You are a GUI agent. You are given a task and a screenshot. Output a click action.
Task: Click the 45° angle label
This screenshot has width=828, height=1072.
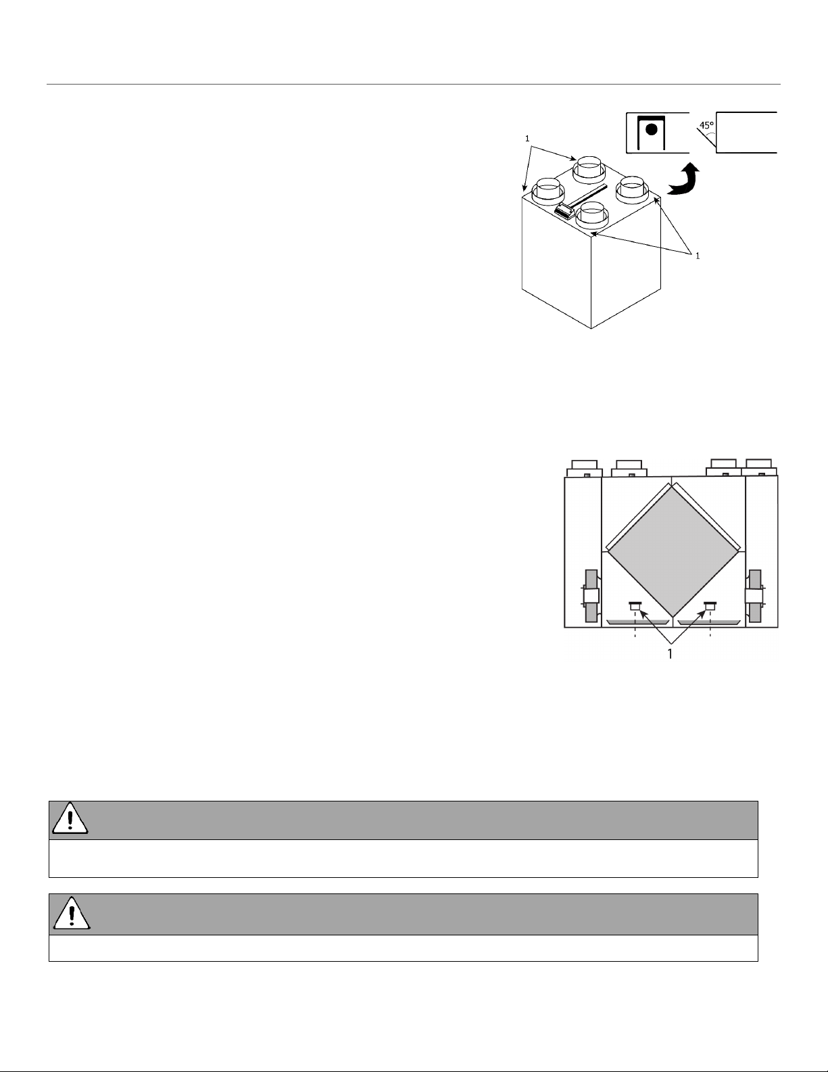706,125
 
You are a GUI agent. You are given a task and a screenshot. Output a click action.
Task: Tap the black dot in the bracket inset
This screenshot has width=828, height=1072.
652,130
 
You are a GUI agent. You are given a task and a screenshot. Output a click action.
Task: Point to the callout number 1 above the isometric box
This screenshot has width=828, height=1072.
527,139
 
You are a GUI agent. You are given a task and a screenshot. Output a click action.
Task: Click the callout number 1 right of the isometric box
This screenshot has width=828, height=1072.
698,256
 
